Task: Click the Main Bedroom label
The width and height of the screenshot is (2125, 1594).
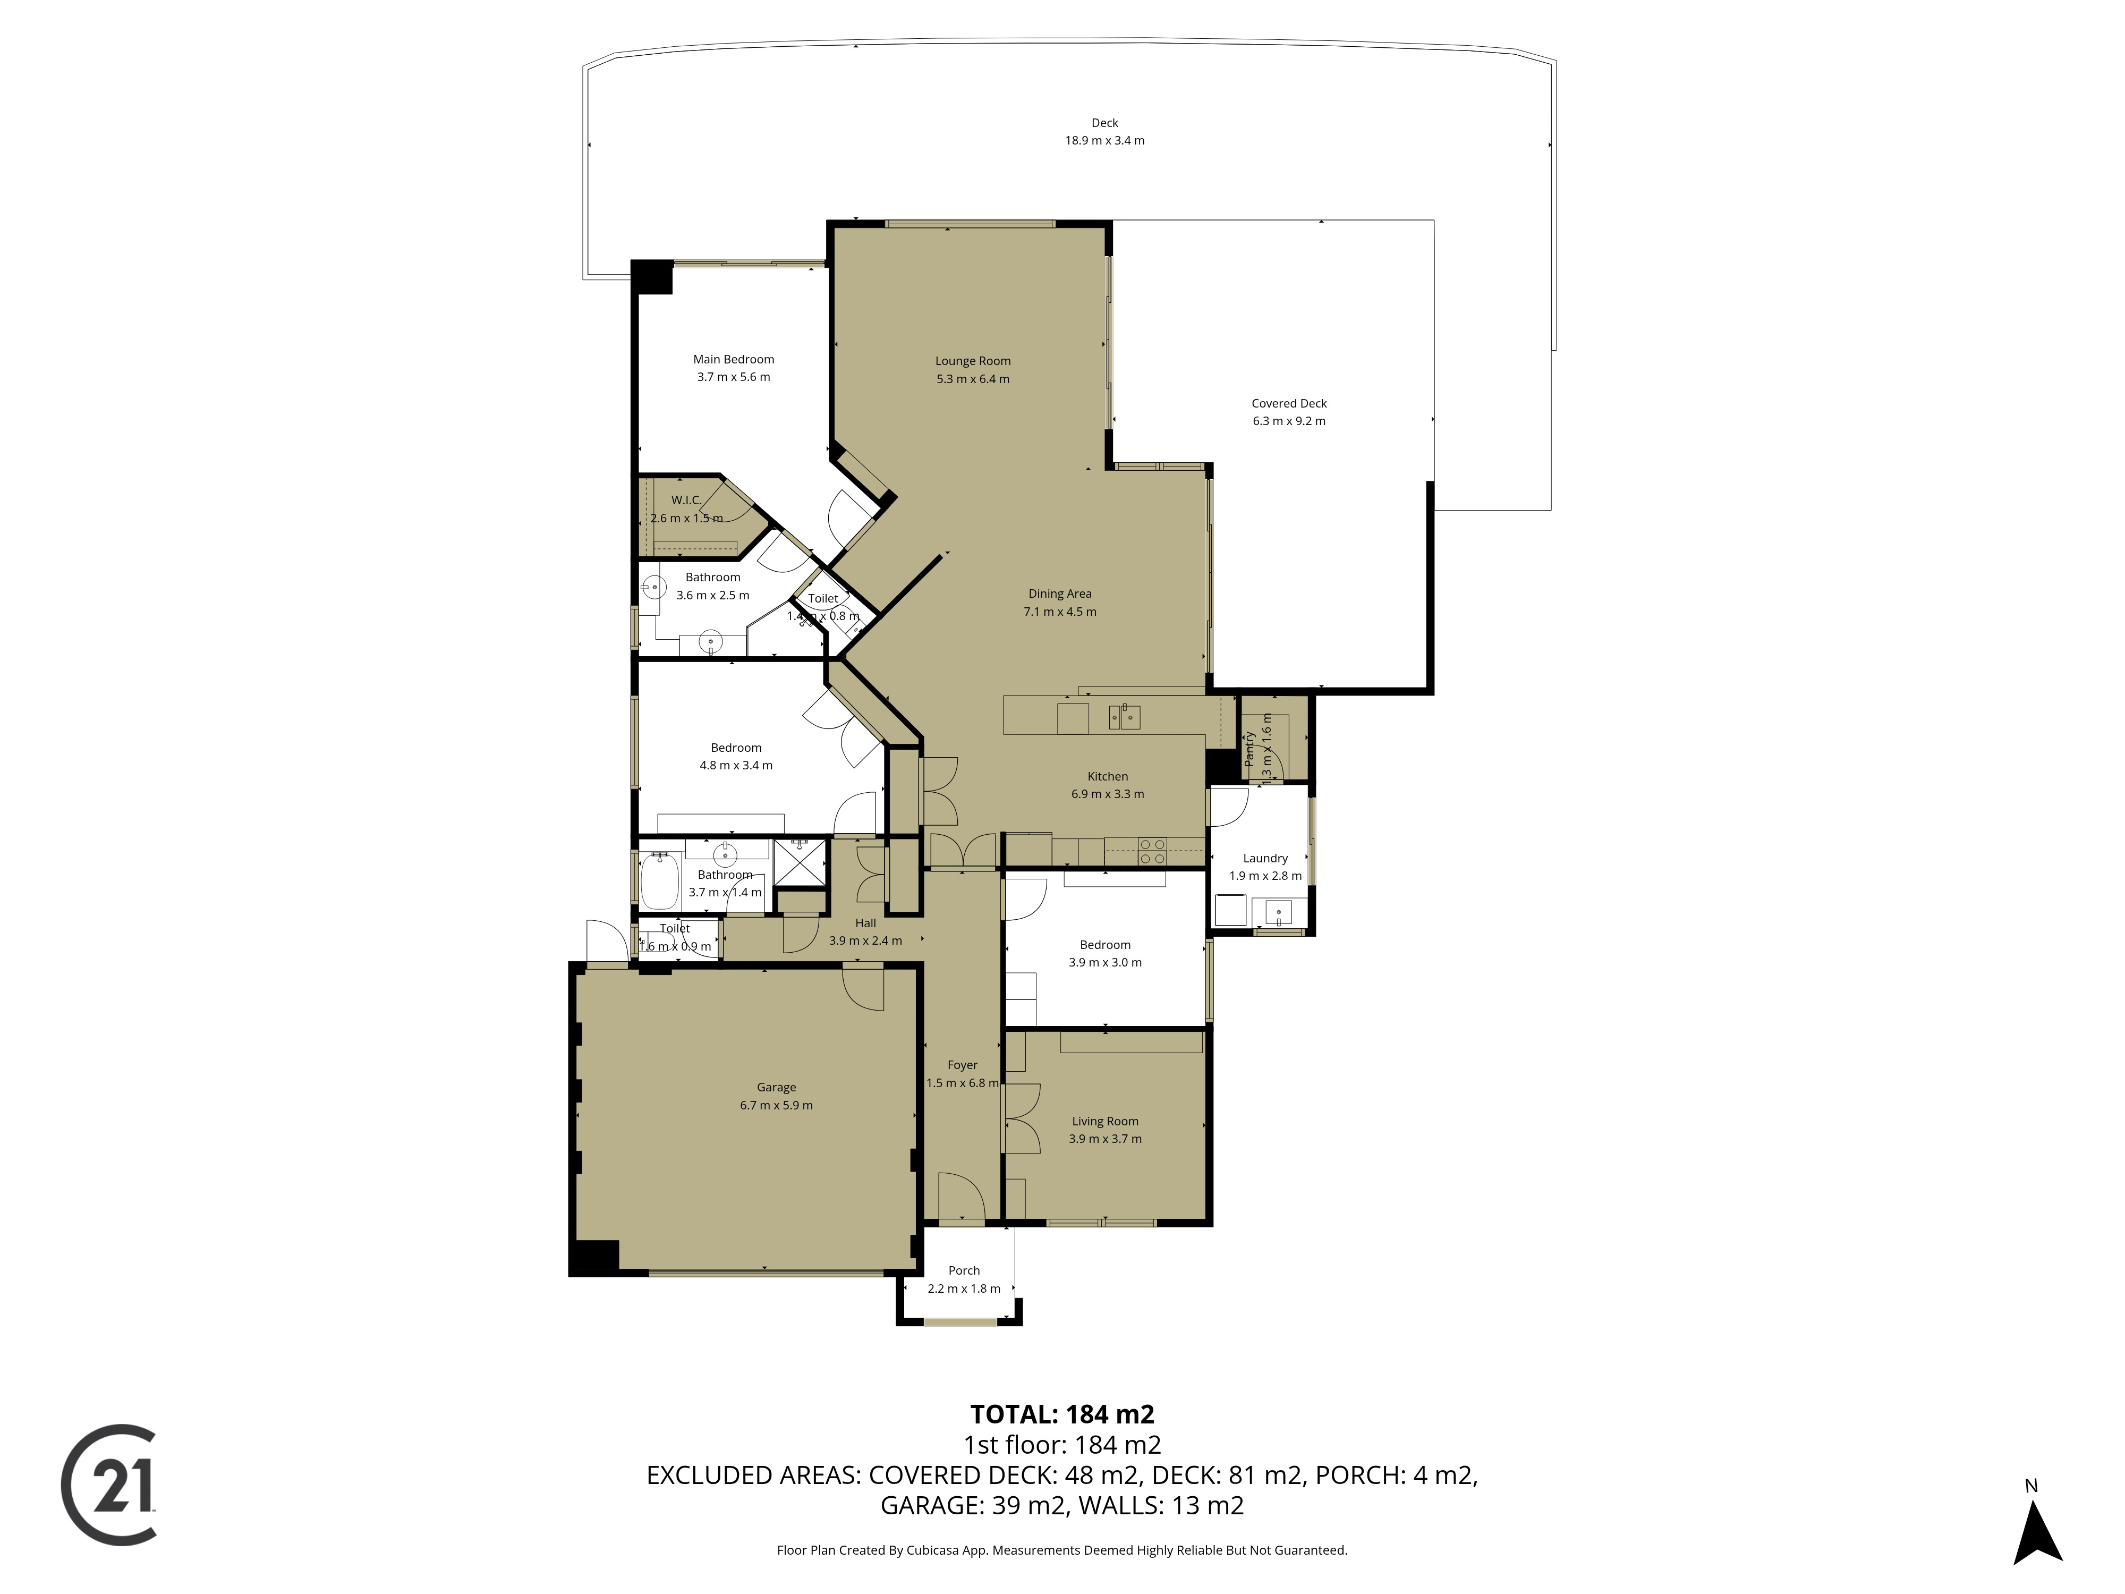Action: (x=734, y=359)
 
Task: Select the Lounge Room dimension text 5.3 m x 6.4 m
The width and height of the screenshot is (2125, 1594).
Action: (x=973, y=378)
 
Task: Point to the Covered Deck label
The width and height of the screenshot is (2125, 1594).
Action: (x=1289, y=403)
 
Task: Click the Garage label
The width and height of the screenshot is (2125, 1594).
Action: (x=776, y=1088)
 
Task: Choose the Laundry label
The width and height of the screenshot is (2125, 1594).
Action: (x=1265, y=858)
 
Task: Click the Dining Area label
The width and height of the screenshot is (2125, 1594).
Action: (x=1060, y=594)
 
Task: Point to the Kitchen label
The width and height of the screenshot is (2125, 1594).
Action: (x=1108, y=776)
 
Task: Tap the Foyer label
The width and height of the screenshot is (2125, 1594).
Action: (x=963, y=1065)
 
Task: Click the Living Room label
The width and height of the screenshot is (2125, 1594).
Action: (x=1106, y=1121)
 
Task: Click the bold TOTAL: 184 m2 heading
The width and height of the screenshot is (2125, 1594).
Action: (x=1062, y=1414)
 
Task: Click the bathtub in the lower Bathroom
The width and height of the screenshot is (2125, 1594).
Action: (x=660, y=881)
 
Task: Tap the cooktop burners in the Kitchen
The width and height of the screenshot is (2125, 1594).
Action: (x=1152, y=851)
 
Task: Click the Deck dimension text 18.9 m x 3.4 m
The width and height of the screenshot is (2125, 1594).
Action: (x=1105, y=140)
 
